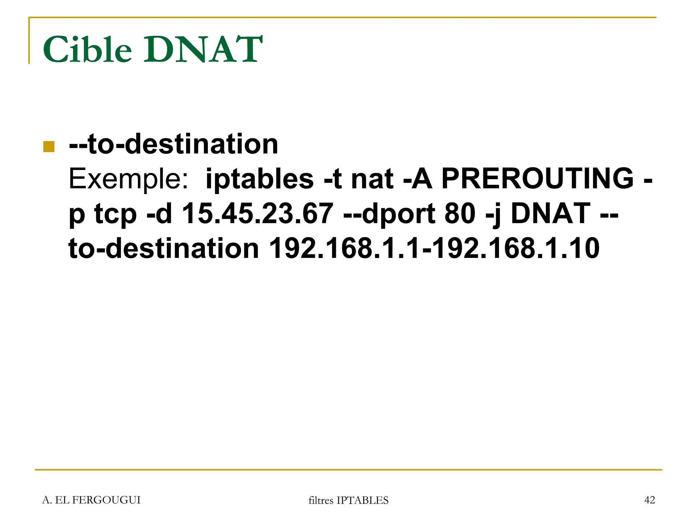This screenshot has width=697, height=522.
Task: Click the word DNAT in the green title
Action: point(203,50)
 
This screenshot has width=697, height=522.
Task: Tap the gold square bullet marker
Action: point(49,146)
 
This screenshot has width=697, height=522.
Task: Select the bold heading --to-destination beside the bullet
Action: point(174,144)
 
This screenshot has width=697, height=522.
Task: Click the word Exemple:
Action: point(128,179)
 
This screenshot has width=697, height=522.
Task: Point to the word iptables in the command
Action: point(259,179)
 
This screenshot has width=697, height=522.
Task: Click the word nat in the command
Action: point(372,179)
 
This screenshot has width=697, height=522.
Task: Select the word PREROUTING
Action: point(537,179)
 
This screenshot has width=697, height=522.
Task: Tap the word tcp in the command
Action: point(115,214)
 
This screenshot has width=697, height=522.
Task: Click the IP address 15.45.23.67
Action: point(258,214)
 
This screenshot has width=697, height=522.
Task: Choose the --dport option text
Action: point(389,214)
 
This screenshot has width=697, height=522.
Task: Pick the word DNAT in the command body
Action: point(550,214)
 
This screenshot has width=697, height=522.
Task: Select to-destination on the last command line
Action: point(164,249)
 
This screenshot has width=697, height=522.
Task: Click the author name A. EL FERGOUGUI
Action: point(91,500)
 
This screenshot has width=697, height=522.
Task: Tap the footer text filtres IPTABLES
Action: point(348,500)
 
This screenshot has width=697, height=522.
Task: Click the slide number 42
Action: point(649,500)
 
